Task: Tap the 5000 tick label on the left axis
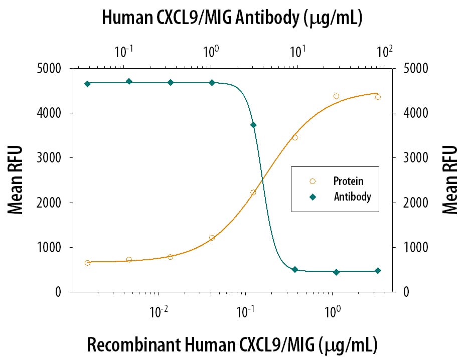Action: tap(50, 69)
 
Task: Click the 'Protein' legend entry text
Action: tap(348, 181)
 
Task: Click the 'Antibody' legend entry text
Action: tap(352, 197)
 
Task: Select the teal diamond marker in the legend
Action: tap(313, 197)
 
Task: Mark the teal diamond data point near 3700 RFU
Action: tap(253, 125)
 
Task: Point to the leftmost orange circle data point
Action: tap(88, 263)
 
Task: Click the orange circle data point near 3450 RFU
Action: tap(295, 137)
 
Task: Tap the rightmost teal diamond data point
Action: tap(378, 271)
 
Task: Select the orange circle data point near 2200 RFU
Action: tap(253, 193)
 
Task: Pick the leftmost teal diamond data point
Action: tap(88, 84)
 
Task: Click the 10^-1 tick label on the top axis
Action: tap(123, 51)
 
